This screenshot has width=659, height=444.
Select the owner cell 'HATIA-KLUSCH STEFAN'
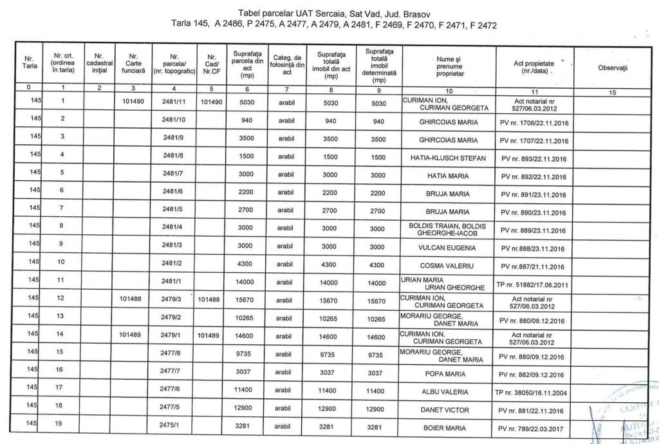tap(449, 158)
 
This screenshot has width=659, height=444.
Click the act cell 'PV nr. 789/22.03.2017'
tap(534, 428)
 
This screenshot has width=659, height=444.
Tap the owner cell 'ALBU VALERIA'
tap(449, 391)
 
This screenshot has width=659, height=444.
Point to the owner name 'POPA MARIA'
tap(449, 373)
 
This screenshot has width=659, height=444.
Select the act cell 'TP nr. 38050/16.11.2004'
tap(534, 392)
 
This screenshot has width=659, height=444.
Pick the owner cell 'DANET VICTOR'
tap(449, 409)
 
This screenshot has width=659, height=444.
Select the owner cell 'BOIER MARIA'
tap(449, 427)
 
